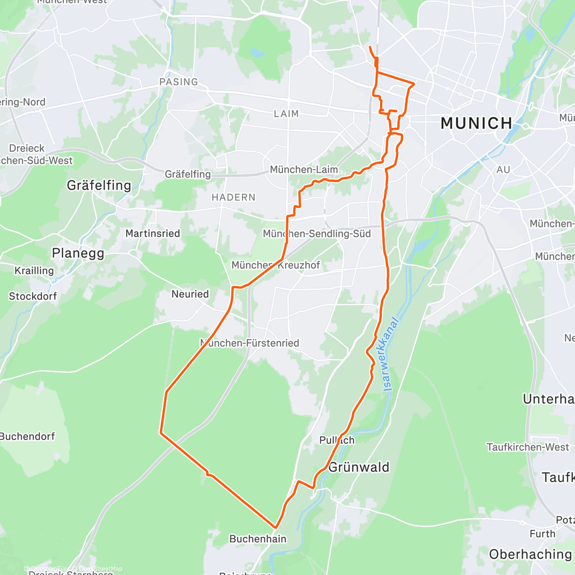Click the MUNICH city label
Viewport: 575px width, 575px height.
[x=476, y=124]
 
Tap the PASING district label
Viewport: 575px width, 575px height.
[x=179, y=82]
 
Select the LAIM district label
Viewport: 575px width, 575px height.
[x=286, y=114]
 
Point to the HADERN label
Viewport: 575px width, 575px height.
[x=233, y=197]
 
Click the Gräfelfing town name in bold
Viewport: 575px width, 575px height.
[x=99, y=185]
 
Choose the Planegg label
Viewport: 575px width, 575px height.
[x=78, y=253]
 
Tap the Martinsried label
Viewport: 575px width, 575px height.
[x=152, y=234]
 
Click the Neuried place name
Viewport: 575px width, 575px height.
[x=190, y=294]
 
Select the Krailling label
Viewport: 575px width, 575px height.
[x=34, y=271]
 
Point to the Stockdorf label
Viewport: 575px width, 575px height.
[x=33, y=296]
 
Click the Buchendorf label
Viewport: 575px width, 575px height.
[x=27, y=437]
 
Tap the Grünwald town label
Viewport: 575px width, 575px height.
[x=359, y=467]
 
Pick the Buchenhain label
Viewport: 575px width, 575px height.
[x=258, y=539]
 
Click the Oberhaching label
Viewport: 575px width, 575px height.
[x=530, y=554]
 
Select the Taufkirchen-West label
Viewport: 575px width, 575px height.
[x=528, y=447]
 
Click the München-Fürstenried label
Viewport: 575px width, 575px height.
[x=250, y=343]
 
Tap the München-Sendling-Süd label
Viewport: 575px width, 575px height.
[x=317, y=234]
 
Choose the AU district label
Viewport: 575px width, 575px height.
[x=503, y=170]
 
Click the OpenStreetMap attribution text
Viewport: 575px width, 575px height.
[x=101, y=569]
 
